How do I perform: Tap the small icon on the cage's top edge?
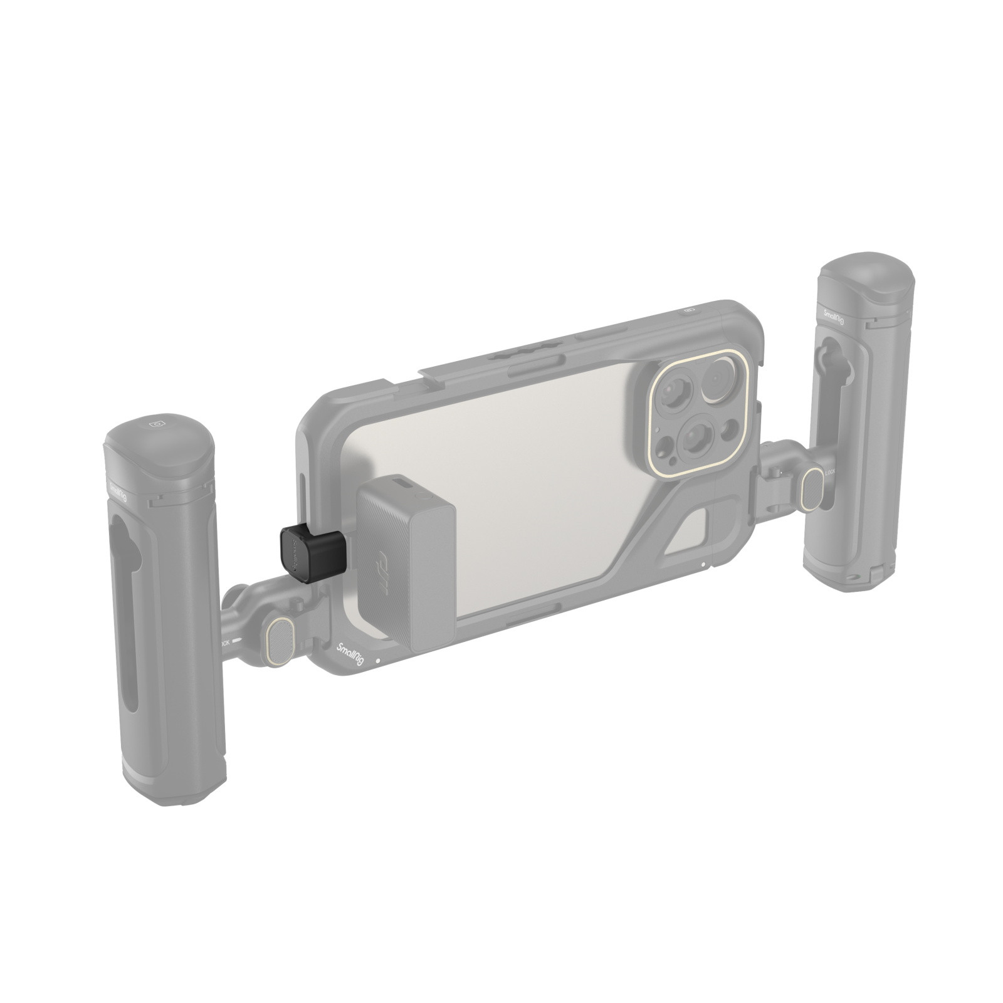(688, 310)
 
